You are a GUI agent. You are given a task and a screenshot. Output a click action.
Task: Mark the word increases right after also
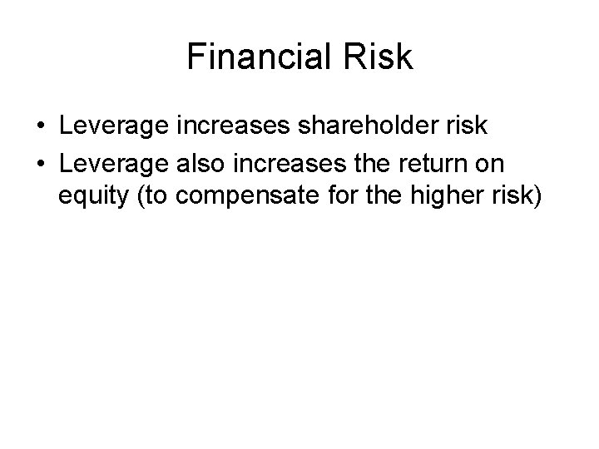[287, 163]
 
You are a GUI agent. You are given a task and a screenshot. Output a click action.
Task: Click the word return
[436, 163]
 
